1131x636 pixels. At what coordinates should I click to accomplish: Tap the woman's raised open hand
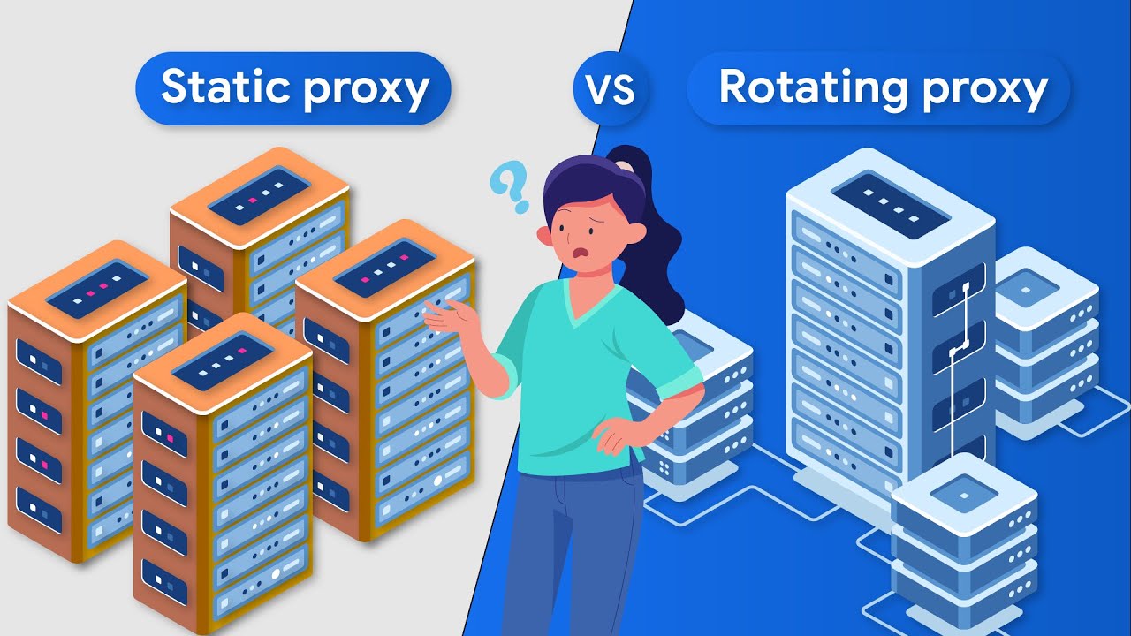point(450,314)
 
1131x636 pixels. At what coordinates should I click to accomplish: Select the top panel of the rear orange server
point(260,195)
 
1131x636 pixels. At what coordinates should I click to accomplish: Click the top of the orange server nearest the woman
point(385,270)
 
